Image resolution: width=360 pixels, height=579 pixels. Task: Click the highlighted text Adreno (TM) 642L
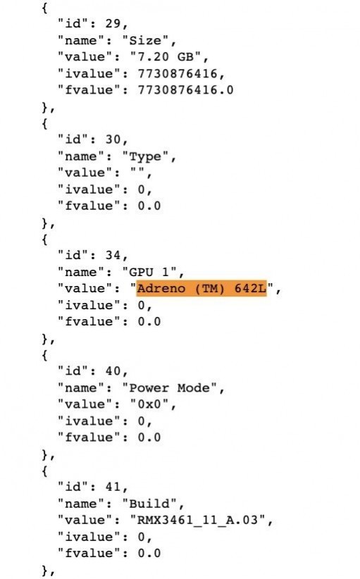(x=201, y=288)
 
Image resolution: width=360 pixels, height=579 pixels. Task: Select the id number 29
(x=113, y=24)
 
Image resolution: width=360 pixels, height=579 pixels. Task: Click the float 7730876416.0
(x=185, y=90)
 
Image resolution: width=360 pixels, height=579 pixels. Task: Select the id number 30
(x=113, y=139)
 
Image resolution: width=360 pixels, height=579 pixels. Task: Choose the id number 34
(x=113, y=255)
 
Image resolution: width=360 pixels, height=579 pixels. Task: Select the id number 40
(x=113, y=371)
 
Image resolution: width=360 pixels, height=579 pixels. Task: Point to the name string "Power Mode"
(x=169, y=387)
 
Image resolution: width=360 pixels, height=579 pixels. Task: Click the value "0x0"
(x=149, y=404)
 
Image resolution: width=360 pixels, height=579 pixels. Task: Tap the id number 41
(x=113, y=487)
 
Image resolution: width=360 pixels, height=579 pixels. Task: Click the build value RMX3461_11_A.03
(x=197, y=520)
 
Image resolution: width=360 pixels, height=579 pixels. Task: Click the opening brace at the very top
(x=44, y=8)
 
